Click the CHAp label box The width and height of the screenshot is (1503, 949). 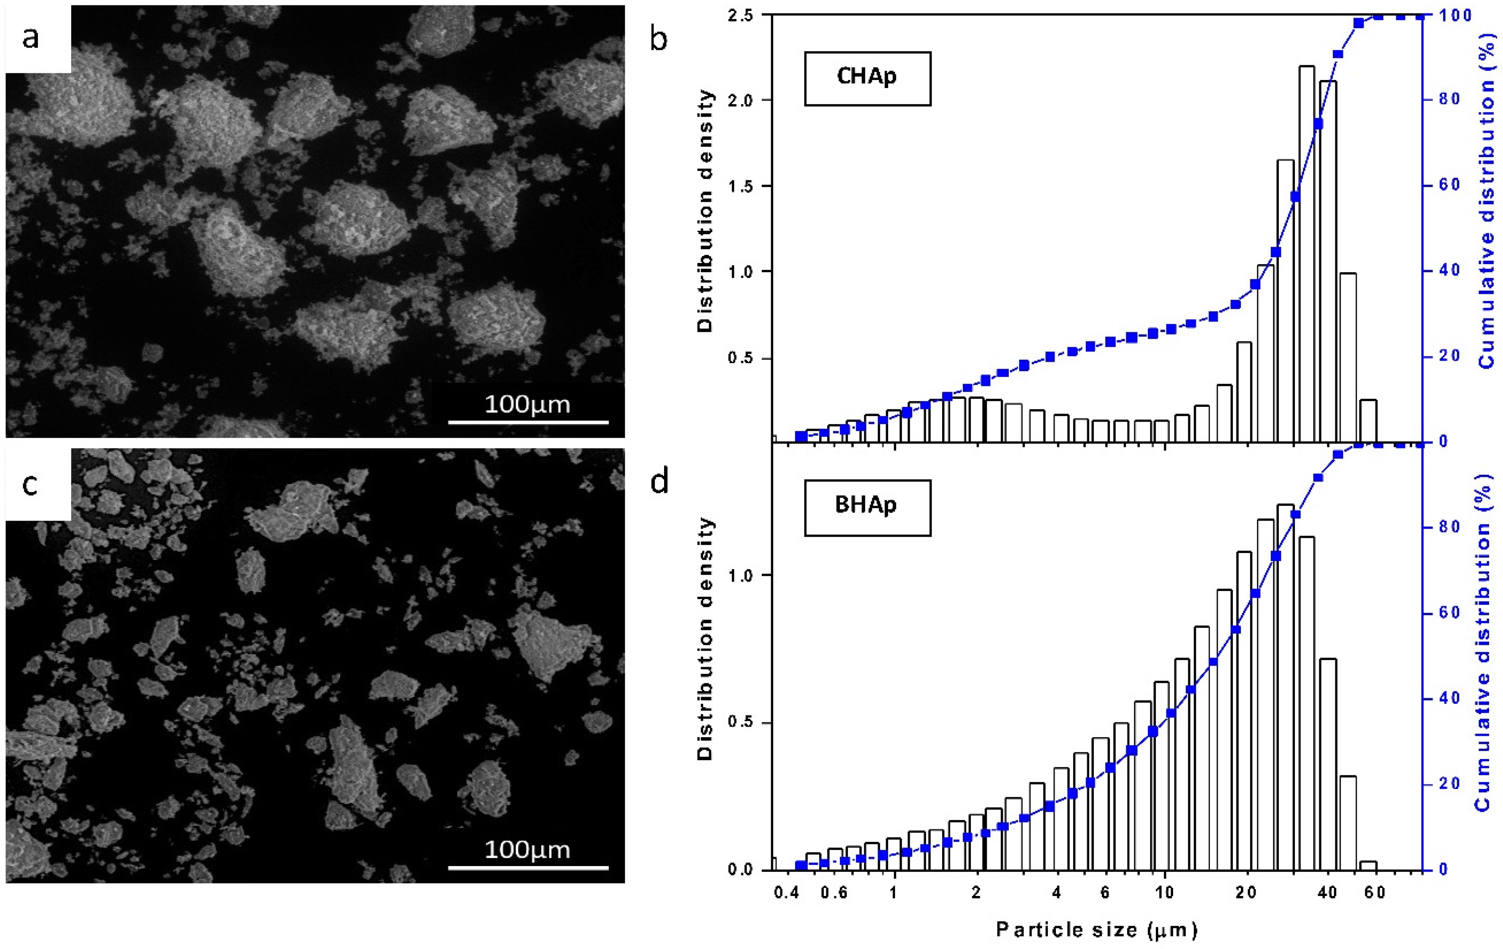(867, 78)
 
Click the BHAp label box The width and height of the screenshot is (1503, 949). (867, 507)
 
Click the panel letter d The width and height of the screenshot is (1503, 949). (659, 482)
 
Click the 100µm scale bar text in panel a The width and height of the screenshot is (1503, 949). (528, 405)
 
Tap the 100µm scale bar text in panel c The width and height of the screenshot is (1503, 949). (528, 850)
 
